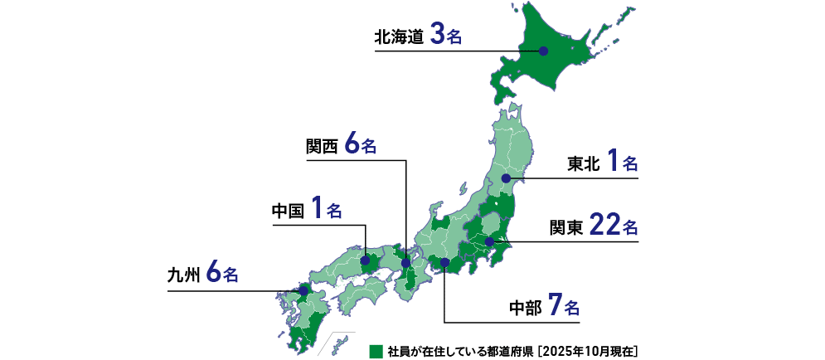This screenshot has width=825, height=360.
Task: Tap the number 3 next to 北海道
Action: tap(438, 36)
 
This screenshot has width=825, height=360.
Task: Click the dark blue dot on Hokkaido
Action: tap(543, 51)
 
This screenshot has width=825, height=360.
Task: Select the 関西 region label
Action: tap(322, 146)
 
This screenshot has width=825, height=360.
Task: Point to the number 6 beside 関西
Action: tap(352, 144)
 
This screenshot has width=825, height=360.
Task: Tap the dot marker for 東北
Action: tap(506, 178)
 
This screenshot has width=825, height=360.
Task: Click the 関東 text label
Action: tap(567, 227)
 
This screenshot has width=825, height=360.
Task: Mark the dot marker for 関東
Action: tap(490, 241)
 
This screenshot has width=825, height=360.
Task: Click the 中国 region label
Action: tap(289, 211)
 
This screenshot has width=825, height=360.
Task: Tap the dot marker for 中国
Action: tap(366, 260)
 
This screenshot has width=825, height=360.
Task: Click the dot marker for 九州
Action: tap(303, 290)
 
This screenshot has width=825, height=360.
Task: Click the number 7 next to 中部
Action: tap(555, 308)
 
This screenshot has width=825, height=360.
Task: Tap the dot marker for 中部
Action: tap(445, 263)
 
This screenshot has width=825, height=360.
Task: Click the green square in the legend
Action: tap(374, 350)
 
